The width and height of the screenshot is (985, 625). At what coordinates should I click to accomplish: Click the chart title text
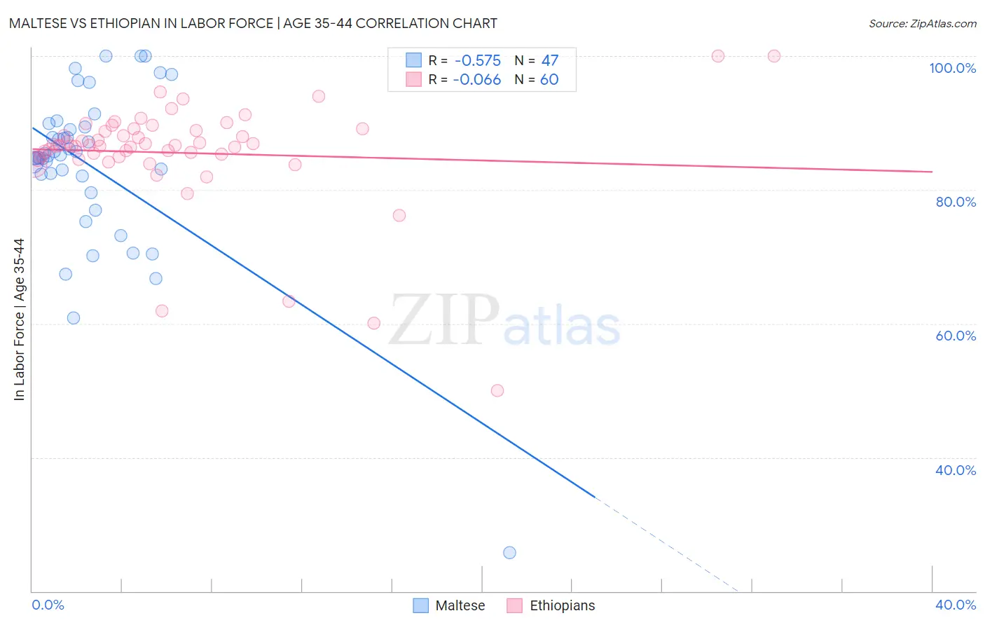click(253, 23)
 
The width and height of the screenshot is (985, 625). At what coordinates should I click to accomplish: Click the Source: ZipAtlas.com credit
click(922, 23)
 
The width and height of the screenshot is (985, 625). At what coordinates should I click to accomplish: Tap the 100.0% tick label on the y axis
click(952, 68)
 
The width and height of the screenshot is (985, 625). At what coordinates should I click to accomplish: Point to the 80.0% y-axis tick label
click(955, 202)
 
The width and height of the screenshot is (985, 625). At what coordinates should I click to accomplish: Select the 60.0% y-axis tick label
click(955, 336)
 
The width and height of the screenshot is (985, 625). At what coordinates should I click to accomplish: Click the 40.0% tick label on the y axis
click(955, 470)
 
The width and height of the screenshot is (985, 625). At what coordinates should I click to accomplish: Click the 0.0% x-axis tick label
click(48, 605)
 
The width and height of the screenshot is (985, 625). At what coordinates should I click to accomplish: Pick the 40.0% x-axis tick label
click(955, 605)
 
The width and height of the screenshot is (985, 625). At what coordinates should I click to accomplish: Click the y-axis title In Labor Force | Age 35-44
click(19, 320)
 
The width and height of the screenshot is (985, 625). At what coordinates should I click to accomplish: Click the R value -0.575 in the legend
click(477, 61)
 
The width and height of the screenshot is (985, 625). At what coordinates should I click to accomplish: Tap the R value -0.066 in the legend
click(477, 80)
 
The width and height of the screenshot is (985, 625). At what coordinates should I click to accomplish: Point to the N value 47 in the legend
click(550, 61)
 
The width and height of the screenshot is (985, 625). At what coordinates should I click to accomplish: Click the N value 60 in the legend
click(550, 80)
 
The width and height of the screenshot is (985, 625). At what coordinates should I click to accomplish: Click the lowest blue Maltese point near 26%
click(509, 553)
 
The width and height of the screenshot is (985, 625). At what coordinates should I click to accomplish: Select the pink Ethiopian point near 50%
click(497, 391)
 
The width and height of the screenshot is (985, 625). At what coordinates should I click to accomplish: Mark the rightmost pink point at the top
click(774, 56)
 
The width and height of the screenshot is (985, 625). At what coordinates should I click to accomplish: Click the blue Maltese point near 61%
click(74, 318)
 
